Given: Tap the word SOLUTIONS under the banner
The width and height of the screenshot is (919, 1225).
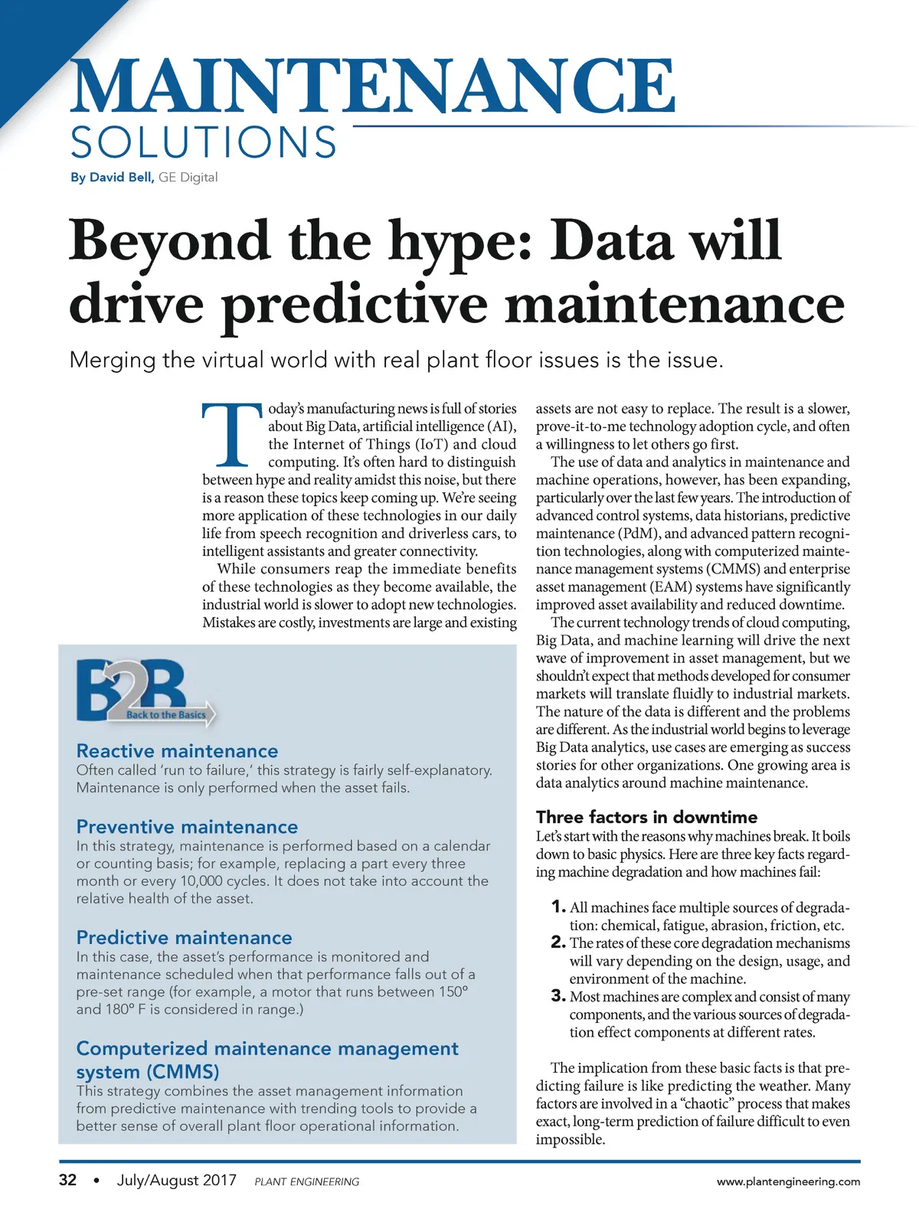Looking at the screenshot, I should click(x=203, y=143).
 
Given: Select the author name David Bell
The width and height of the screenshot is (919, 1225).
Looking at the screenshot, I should click(x=121, y=178).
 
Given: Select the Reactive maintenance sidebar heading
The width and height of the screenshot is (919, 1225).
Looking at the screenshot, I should click(x=177, y=751).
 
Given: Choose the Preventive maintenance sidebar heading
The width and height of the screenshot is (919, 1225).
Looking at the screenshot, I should click(x=187, y=827).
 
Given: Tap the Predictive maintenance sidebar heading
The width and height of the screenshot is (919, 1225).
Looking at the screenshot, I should click(x=184, y=938).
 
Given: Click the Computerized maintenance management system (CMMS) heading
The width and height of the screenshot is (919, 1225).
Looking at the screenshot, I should click(x=267, y=1060).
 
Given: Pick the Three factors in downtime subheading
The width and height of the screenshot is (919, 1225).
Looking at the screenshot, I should click(x=646, y=817).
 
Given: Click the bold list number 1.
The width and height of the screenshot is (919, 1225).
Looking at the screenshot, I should click(x=558, y=907).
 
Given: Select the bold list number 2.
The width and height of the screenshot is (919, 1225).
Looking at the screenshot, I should click(x=558, y=942).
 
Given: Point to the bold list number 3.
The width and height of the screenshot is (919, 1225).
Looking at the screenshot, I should click(x=558, y=996).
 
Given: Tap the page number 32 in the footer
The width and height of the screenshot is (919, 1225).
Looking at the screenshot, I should click(x=68, y=1181).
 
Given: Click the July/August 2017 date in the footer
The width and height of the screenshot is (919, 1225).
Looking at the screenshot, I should click(x=176, y=1181).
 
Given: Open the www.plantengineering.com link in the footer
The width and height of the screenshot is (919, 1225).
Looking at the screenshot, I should click(x=788, y=1182).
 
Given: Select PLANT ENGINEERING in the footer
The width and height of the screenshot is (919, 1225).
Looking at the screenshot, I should click(x=306, y=1182).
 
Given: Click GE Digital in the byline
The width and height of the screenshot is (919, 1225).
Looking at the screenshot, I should click(x=188, y=178).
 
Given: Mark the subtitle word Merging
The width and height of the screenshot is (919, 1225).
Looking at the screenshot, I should click(x=112, y=360).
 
